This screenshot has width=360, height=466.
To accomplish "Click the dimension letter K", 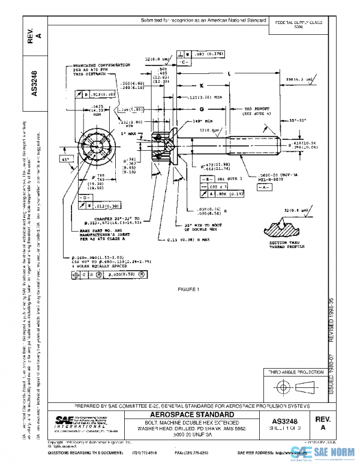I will point(202,85).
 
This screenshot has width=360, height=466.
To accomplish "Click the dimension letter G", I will point(202,109).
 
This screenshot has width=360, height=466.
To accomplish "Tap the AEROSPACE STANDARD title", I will point(191,414).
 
